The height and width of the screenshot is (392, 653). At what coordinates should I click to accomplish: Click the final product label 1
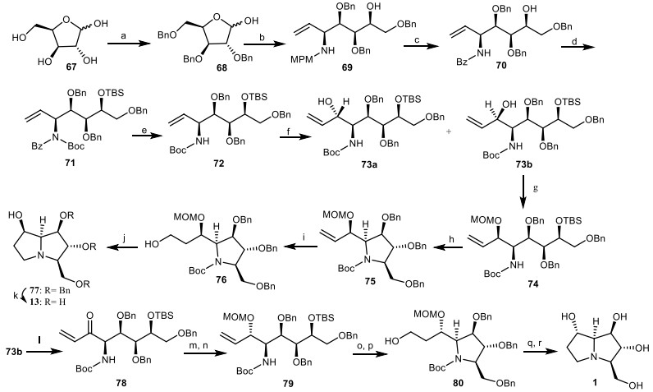[605, 380]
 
